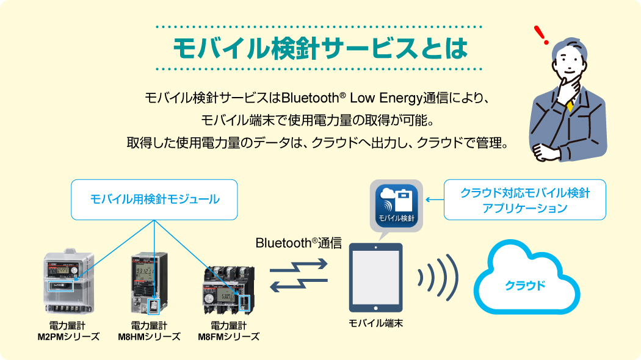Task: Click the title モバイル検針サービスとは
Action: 320,48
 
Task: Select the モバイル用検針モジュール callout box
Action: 154,200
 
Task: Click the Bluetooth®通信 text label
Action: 298,242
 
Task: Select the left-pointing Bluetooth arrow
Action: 299,285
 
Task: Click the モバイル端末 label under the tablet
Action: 375,323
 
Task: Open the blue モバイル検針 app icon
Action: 395,205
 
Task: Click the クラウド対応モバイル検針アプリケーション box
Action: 524,200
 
